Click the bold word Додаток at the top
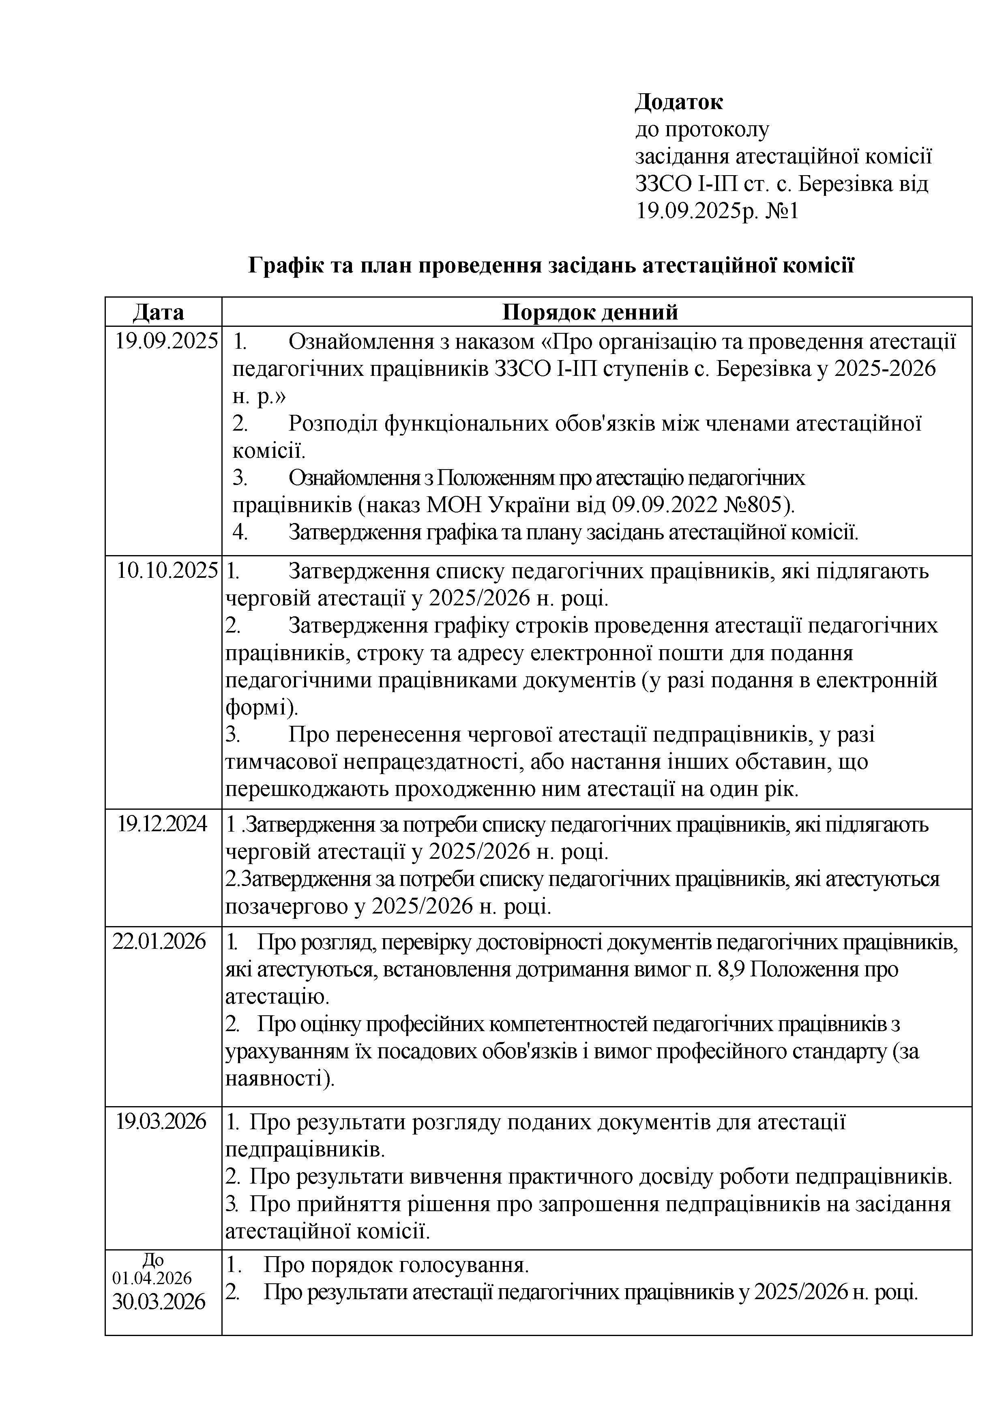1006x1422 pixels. point(678,101)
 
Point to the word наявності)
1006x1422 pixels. point(279,1078)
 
